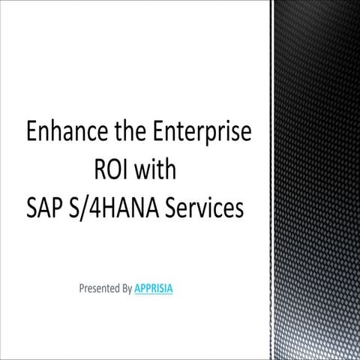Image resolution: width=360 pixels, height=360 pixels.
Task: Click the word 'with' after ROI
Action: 157,170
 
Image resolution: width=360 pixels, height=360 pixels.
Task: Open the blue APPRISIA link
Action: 154,287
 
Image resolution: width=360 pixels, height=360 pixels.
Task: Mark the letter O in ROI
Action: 113,170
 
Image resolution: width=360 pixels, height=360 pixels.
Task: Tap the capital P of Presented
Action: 81,287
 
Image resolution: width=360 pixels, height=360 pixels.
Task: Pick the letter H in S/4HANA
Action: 111,208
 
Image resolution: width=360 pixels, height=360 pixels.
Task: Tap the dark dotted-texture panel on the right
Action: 315,180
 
